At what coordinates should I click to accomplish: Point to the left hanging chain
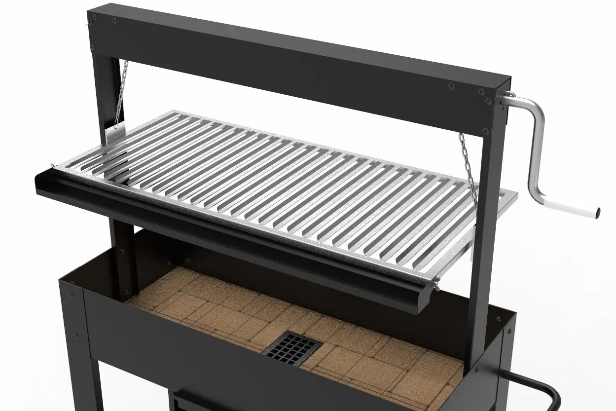pyautogui.click(x=121, y=94)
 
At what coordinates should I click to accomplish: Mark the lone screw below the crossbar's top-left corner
pyautogui.click(x=93, y=48)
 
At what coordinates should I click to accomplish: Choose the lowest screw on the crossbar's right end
pyautogui.click(x=485, y=131)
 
